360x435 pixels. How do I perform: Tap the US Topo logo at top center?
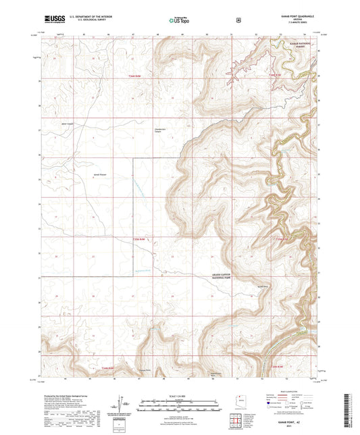178,21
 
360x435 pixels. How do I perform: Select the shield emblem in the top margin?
238,20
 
